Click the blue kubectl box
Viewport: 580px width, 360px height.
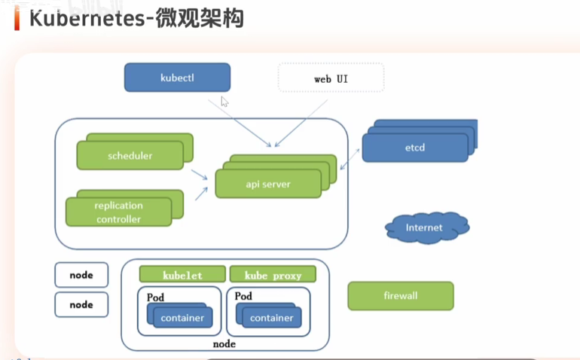pyautogui.click(x=177, y=78)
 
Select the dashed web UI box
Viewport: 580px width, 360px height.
pyautogui.click(x=331, y=78)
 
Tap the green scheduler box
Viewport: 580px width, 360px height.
pyautogui.click(x=130, y=156)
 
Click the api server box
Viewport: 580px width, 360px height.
pyautogui.click(x=268, y=184)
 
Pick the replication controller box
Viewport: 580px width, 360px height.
pyautogui.click(x=118, y=212)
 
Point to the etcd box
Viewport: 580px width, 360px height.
pyautogui.click(x=414, y=148)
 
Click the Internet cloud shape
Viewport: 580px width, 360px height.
pyautogui.click(x=425, y=227)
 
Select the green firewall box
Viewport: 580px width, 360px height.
pyautogui.click(x=400, y=295)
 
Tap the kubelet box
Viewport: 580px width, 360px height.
pyautogui.click(x=182, y=276)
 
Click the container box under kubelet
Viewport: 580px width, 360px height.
pyautogui.click(x=182, y=318)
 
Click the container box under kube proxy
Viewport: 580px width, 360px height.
pyautogui.click(x=271, y=318)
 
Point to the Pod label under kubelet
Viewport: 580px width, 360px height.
pyautogui.click(x=155, y=297)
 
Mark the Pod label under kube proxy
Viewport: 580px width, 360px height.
pyautogui.click(x=243, y=297)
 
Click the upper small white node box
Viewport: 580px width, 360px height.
pyautogui.click(x=81, y=275)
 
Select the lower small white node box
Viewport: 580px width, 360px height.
pyautogui.click(x=81, y=305)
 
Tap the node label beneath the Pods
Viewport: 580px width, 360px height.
pyautogui.click(x=224, y=344)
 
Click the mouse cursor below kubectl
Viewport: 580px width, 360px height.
pyautogui.click(x=224, y=102)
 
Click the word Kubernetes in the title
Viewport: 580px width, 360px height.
pyautogui.click(x=85, y=18)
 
